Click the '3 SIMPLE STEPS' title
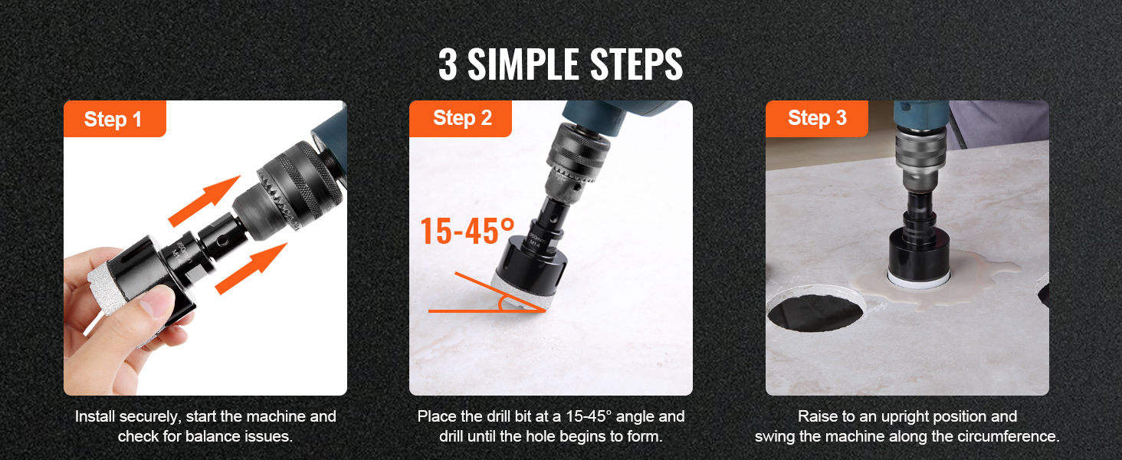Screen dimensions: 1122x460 click(x=560, y=64)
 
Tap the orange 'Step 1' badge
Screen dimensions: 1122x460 click(x=115, y=119)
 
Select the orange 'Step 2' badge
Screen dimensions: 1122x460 click(x=461, y=119)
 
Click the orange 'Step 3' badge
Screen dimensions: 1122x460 click(x=817, y=119)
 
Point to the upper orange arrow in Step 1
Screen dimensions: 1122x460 click(x=205, y=200)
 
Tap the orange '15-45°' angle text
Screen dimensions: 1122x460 click(x=467, y=231)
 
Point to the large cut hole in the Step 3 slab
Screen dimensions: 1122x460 click(x=816, y=312)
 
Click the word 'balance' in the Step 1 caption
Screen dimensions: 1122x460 click(x=219, y=436)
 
